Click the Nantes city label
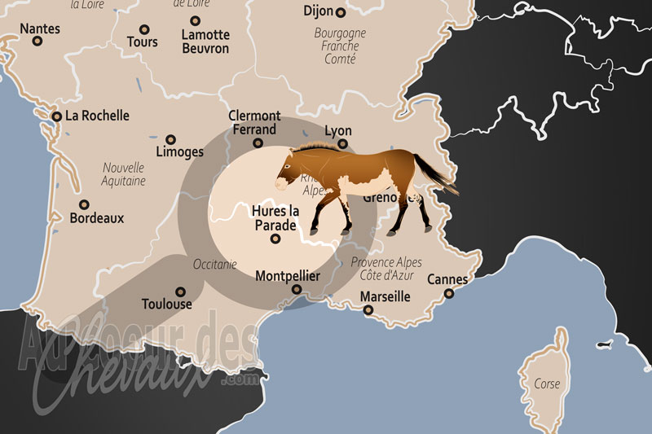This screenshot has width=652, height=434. [40, 28]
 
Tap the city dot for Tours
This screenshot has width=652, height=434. [145, 28]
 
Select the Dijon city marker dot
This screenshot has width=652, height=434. [341, 12]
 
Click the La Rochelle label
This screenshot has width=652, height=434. [97, 116]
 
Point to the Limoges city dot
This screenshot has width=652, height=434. [170, 139]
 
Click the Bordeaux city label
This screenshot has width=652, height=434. [97, 218]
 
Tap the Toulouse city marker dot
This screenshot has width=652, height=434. [181, 290]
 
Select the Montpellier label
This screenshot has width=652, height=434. [288, 277]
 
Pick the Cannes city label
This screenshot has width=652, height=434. [447, 280]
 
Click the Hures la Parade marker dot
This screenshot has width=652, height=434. [275, 239]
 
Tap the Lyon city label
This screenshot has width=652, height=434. [338, 130]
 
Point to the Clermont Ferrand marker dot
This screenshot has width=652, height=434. [258, 143]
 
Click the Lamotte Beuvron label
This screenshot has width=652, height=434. [205, 42]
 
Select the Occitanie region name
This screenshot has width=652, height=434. [215, 264]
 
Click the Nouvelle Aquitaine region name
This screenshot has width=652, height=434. [124, 174]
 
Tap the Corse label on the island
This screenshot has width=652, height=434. [547, 384]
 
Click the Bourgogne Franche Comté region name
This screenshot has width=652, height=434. [340, 46]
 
